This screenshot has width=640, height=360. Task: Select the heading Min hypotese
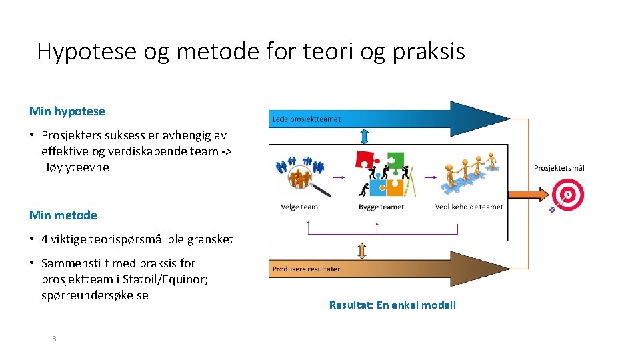coord(67,111)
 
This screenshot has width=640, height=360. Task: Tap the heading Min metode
coord(63,215)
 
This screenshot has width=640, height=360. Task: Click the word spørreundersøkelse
coord(95,295)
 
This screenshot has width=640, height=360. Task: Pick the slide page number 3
coord(55,339)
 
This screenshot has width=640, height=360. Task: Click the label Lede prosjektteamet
coord(306,119)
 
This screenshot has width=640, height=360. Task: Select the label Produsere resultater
coord(305,269)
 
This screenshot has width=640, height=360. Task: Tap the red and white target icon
coord(567,195)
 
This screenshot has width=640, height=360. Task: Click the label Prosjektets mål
coord(559,168)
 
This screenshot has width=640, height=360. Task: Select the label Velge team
coord(299,207)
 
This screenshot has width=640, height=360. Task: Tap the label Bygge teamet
coord(381,207)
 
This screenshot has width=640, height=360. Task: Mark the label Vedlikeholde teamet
coord(469,207)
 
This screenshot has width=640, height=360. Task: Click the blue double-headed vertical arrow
coord(363,136)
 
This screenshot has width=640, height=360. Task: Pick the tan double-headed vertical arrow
coord(362,251)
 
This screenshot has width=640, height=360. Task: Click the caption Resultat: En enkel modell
coord(393,305)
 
